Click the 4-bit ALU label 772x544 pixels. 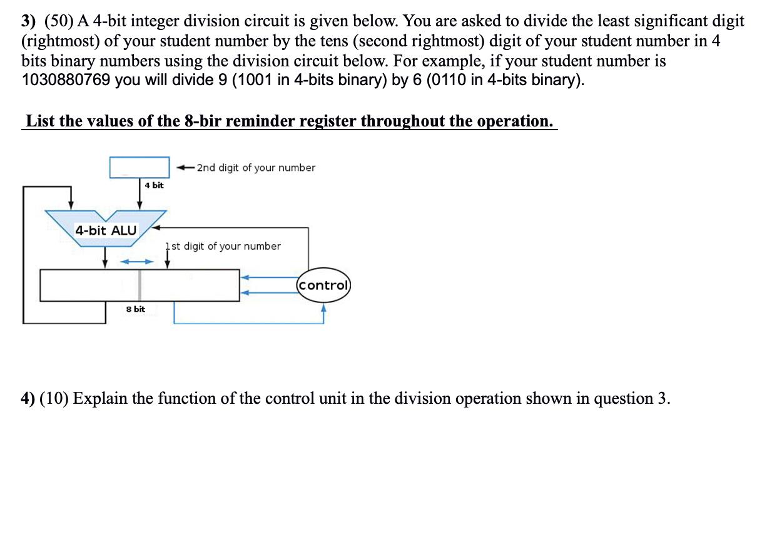click(106, 230)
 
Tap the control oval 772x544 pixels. click(323, 285)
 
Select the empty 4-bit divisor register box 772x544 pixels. click(140, 167)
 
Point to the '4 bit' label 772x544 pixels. click(154, 185)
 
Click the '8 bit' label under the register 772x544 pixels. click(135, 309)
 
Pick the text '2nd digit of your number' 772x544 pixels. click(256, 168)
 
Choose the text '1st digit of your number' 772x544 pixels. click(223, 246)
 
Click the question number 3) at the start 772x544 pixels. click(29, 22)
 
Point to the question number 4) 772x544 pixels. click(29, 399)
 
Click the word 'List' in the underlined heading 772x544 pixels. click(41, 121)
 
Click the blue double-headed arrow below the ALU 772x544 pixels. click(136, 261)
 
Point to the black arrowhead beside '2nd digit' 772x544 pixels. click(181, 168)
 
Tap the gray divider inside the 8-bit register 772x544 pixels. click(140, 285)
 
